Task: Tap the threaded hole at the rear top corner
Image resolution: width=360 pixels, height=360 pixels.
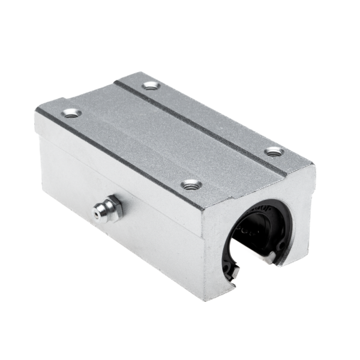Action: coord(150,86)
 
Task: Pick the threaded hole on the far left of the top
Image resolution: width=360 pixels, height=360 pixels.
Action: coord(71,112)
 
